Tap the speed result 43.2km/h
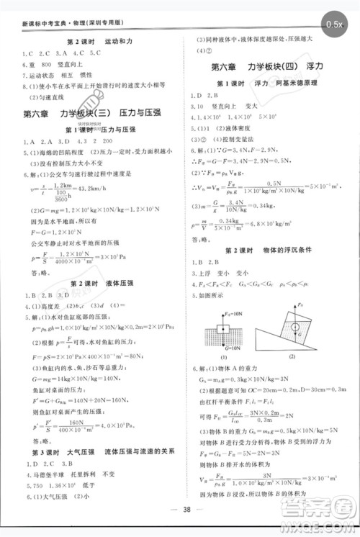[x=101, y=189]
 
